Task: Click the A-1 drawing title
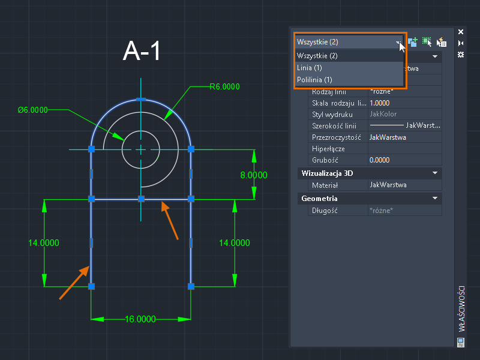(142, 51)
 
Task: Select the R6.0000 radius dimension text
(224, 86)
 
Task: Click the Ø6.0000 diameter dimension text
(32, 110)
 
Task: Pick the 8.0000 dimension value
(254, 175)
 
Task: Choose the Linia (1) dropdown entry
(310, 68)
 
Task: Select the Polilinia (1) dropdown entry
(315, 79)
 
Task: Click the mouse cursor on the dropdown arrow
(401, 46)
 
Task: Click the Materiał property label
(325, 185)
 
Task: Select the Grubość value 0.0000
(380, 160)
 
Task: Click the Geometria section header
(320, 198)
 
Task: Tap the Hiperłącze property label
(328, 149)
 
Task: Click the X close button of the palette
(461, 32)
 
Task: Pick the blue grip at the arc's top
(140, 98)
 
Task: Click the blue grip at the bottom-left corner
(91, 287)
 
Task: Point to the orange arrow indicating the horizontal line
(171, 221)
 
